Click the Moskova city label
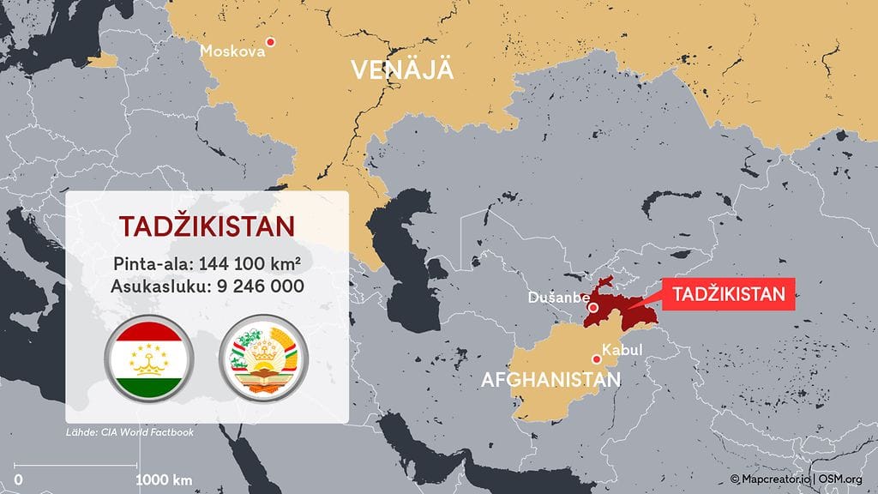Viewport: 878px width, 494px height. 232,51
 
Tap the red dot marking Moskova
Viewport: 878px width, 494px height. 271,41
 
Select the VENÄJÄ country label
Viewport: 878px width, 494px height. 401,70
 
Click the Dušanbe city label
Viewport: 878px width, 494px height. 558,298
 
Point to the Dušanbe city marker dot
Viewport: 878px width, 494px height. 592,307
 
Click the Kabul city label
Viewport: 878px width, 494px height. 622,350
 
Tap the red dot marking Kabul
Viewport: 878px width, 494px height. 596,359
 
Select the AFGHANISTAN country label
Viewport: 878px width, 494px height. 551,379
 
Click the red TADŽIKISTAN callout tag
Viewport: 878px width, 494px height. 729,294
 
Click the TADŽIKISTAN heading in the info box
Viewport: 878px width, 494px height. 207,226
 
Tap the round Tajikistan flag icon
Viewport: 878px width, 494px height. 150,360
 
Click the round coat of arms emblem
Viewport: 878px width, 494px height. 262,360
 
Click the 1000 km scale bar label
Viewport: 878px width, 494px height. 164,478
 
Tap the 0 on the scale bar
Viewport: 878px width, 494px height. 18,478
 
